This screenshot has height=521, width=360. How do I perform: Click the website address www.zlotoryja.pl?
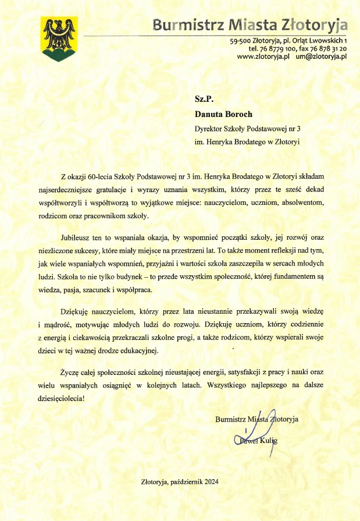263,57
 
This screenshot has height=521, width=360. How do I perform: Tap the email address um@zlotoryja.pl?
321,57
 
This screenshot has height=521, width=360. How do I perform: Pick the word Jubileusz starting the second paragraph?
76,238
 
